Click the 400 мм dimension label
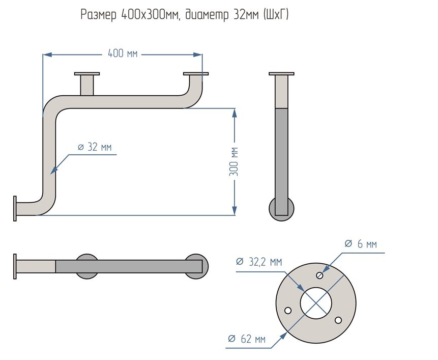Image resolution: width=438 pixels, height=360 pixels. click(122, 53)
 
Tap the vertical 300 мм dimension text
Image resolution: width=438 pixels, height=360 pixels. click(235, 161)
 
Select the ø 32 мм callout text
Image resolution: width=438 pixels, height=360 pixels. click(95, 147)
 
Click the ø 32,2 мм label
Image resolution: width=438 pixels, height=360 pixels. click(259, 262)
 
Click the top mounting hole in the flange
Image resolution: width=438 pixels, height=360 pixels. click(319, 275)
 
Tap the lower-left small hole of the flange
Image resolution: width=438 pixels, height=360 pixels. click(288, 310)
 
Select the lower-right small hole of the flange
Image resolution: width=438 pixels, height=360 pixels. click(337, 320)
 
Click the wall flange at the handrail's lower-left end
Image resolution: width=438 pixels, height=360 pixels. click(15, 209)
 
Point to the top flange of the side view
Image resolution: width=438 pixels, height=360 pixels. click(281, 74)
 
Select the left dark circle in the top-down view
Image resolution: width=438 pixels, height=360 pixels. click(87, 266)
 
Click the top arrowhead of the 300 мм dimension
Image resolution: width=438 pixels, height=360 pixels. click(235, 113)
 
